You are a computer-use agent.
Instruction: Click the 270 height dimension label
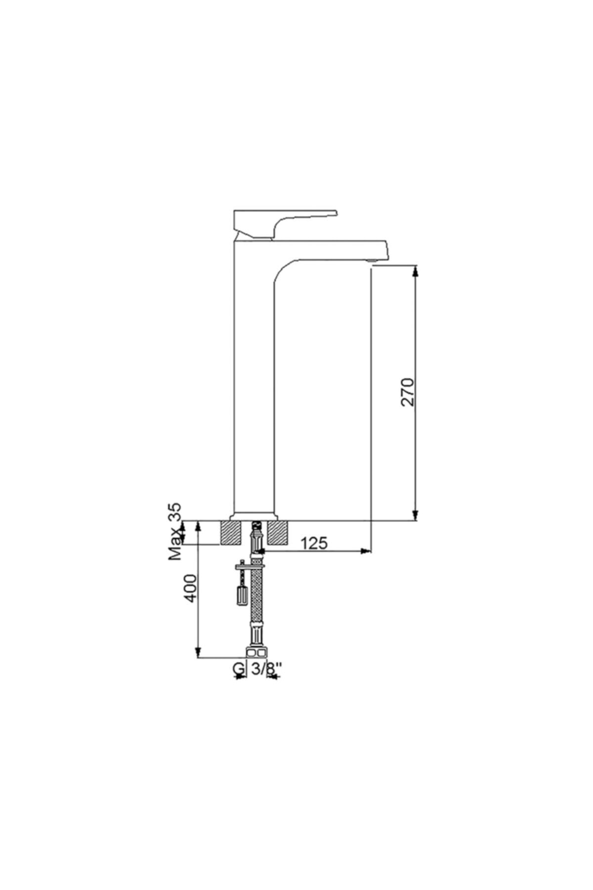tap(408, 392)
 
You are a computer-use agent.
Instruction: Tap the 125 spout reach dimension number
tap(314, 543)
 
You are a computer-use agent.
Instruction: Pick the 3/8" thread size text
tap(266, 668)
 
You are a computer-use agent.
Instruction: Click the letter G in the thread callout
tap(238, 668)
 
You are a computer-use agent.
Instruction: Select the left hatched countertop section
tap(231, 533)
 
